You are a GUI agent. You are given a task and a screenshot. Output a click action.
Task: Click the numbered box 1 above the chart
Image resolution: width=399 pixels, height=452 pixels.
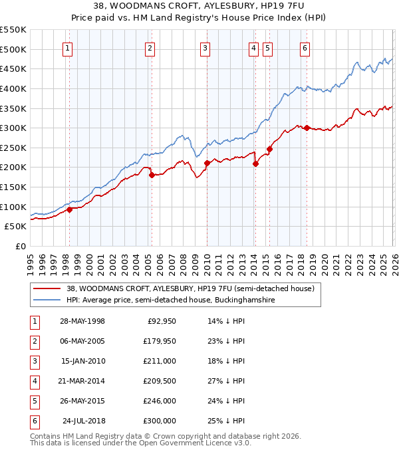click(x=68, y=47)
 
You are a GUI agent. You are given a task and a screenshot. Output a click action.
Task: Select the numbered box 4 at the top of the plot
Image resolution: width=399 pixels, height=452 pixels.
click(x=254, y=47)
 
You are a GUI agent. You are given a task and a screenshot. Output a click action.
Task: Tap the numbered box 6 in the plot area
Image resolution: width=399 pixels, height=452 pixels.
click(x=305, y=47)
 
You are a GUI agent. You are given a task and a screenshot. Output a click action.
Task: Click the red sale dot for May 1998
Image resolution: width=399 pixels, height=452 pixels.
click(x=69, y=210)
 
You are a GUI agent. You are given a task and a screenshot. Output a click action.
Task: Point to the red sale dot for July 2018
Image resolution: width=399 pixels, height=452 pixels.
click(x=307, y=128)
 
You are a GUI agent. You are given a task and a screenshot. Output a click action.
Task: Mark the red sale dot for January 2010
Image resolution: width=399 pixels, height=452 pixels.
click(x=207, y=163)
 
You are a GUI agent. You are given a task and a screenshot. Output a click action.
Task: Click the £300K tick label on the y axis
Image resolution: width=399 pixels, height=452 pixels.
click(x=13, y=128)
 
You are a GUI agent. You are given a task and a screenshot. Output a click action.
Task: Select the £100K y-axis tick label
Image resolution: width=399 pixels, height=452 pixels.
click(x=13, y=207)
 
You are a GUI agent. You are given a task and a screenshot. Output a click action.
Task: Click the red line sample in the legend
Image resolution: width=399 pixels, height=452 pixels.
click(x=48, y=288)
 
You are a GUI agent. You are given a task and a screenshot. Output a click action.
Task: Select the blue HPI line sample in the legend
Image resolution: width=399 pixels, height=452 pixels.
click(x=48, y=300)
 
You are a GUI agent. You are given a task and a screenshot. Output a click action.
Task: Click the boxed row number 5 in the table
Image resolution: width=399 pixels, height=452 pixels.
click(x=34, y=401)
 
